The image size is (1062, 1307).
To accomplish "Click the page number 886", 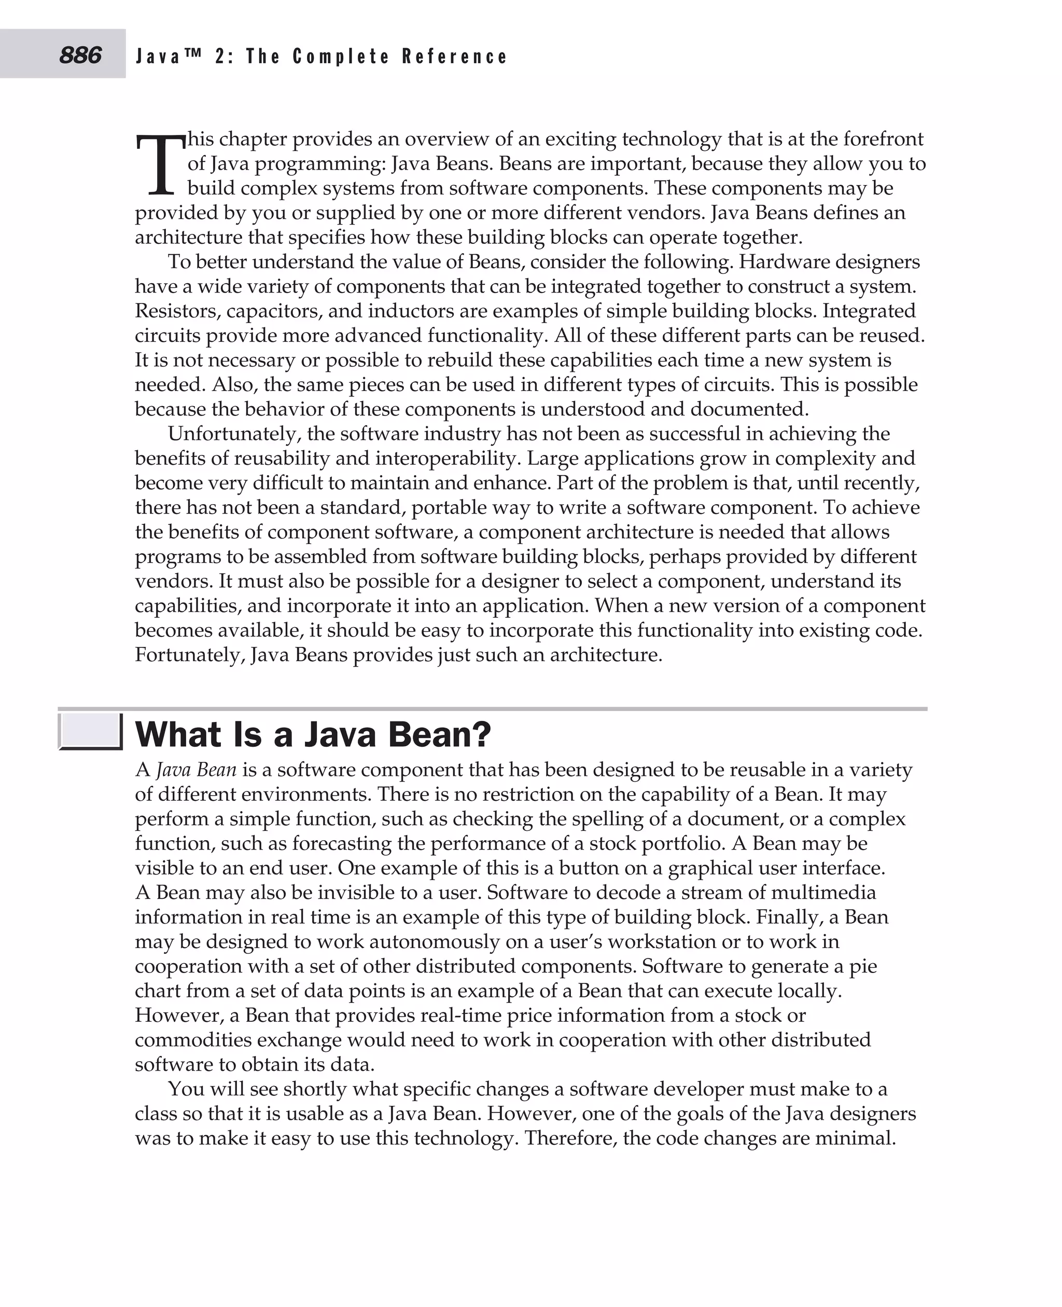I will (80, 55).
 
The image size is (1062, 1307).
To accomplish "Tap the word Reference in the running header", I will (455, 57).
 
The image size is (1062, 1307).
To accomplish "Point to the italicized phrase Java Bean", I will (197, 769).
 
